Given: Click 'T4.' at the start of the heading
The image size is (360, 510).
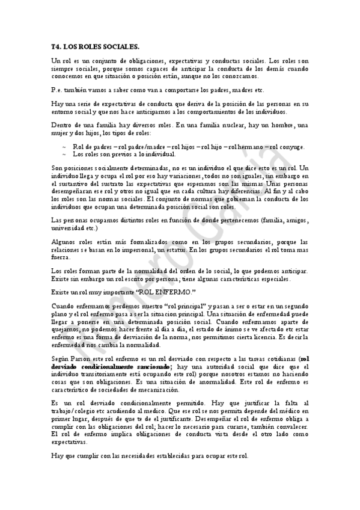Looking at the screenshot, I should tap(56, 46).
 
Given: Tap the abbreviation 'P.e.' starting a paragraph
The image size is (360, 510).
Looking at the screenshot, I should tap(56, 90).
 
